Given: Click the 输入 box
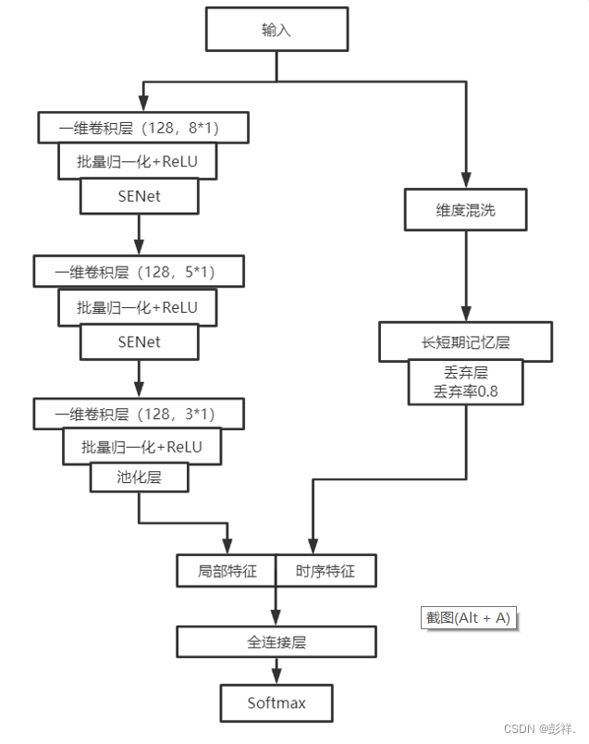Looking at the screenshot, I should pyautogui.click(x=276, y=31).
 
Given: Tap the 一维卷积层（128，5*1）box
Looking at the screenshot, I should pyautogui.click(x=138, y=270).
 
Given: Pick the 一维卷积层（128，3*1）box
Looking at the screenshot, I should pyautogui.click(x=138, y=413).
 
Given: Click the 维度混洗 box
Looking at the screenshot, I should pyautogui.click(x=465, y=210).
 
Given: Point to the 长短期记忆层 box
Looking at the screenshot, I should pyautogui.click(x=465, y=341).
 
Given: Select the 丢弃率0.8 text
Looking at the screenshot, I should pyautogui.click(x=465, y=391).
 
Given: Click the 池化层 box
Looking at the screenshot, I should pyautogui.click(x=139, y=477).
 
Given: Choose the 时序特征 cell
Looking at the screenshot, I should pyautogui.click(x=325, y=571).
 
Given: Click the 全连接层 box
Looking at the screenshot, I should pyautogui.click(x=276, y=641).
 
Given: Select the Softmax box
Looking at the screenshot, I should pyautogui.click(x=276, y=703).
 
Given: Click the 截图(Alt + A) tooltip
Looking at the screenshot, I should pyautogui.click(x=468, y=618).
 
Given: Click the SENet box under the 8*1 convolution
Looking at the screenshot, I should pyautogui.click(x=139, y=195).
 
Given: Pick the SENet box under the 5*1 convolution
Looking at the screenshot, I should pyautogui.click(x=139, y=341).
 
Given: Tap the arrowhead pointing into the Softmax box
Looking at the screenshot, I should pyautogui.click(x=276, y=676).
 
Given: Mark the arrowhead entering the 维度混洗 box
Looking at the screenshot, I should pyautogui.click(x=465, y=182).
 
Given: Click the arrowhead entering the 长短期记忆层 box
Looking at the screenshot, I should pyautogui.click(x=465, y=315).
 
